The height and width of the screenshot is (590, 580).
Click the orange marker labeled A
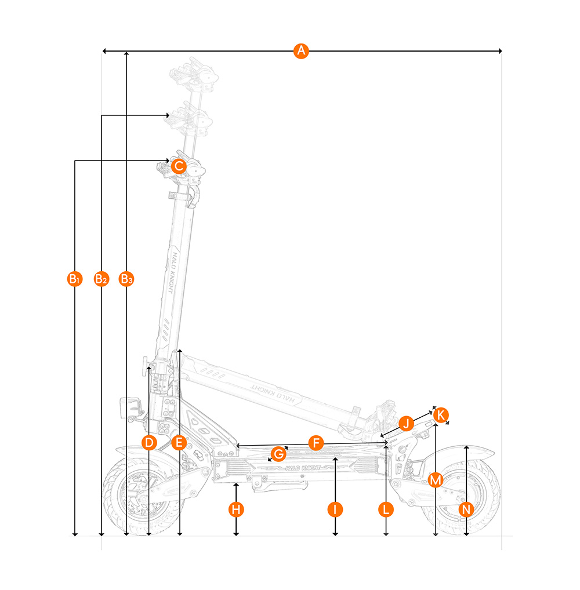tap(300, 51)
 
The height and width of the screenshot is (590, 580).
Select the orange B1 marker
tap(75, 279)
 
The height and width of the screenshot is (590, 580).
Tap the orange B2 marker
tap(101, 279)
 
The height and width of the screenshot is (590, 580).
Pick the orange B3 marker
tap(126, 279)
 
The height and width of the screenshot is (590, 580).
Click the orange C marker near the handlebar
tap(179, 166)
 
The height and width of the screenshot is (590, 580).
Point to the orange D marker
tap(149, 443)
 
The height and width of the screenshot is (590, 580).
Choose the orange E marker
tap(179, 443)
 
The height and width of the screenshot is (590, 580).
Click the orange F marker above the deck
tap(316, 443)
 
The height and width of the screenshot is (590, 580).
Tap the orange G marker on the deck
tap(278, 453)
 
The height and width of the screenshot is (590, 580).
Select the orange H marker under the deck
tap(235, 509)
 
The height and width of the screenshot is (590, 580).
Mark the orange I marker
tap(335, 509)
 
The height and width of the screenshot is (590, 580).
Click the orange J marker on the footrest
tap(407, 423)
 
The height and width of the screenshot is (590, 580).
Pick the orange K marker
tap(441, 415)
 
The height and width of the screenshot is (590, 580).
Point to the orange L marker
tap(386, 509)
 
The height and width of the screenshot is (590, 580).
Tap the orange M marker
tap(436, 480)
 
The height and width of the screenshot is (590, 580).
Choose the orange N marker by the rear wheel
tap(466, 509)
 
